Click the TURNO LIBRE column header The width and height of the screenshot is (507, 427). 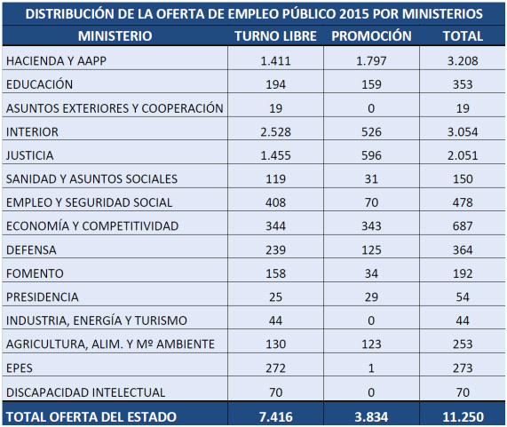275,36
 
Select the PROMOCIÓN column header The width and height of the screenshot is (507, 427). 371,36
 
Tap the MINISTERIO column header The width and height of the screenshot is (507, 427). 115,36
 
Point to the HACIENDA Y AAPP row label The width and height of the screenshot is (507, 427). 56,60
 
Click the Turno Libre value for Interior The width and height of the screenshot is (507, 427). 275,132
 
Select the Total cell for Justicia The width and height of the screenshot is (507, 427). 463,155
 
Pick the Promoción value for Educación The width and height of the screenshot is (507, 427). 371,84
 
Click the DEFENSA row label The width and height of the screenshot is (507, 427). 31,249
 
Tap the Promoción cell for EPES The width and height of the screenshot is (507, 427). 371,368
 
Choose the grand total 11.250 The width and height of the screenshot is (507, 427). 463,417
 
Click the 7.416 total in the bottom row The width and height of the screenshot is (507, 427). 276,417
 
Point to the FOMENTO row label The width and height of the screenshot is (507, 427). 35,273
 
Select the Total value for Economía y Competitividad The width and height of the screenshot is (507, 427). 463,226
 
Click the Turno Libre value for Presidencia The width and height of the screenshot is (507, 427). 275,297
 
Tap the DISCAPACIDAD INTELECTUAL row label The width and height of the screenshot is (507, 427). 86,392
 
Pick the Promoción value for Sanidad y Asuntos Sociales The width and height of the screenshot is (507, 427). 371,178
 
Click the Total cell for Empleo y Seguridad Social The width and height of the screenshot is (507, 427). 463,202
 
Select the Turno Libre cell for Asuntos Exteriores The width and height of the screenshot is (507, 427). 275,108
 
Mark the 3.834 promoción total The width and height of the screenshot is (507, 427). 371,417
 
